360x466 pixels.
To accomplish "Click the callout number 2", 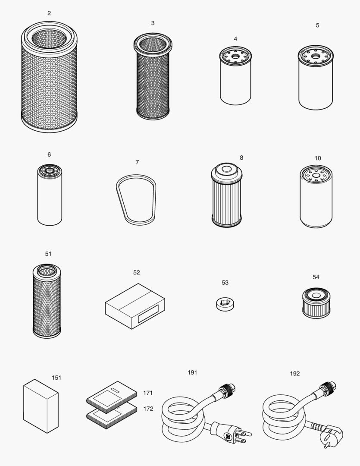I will coord(49,13).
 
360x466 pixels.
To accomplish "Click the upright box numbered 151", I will coord(40,405).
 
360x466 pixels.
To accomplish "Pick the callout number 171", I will coord(148,393).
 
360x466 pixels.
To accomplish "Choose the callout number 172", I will coord(148,409).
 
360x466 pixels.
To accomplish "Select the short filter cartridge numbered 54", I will coord(316,305).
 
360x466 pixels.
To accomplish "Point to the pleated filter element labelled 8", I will coord(227,199).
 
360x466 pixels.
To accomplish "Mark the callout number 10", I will coord(318,158).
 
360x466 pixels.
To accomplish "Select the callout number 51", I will coord(48,254).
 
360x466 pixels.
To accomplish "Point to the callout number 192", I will coord(295,374).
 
